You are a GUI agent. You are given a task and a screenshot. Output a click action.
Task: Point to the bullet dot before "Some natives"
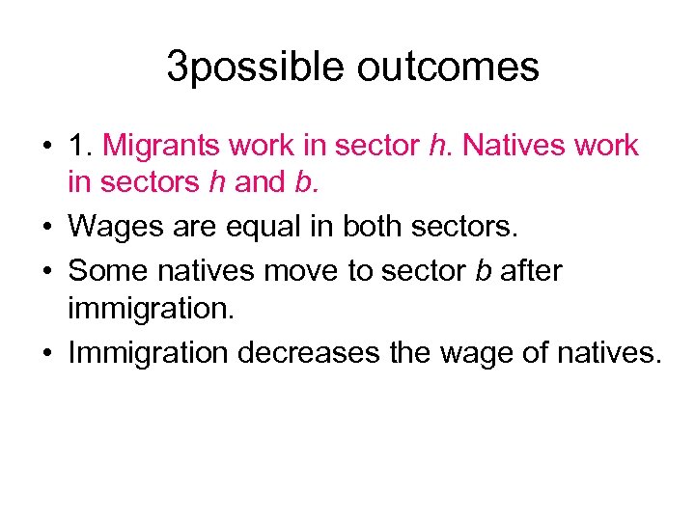click(x=46, y=271)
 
